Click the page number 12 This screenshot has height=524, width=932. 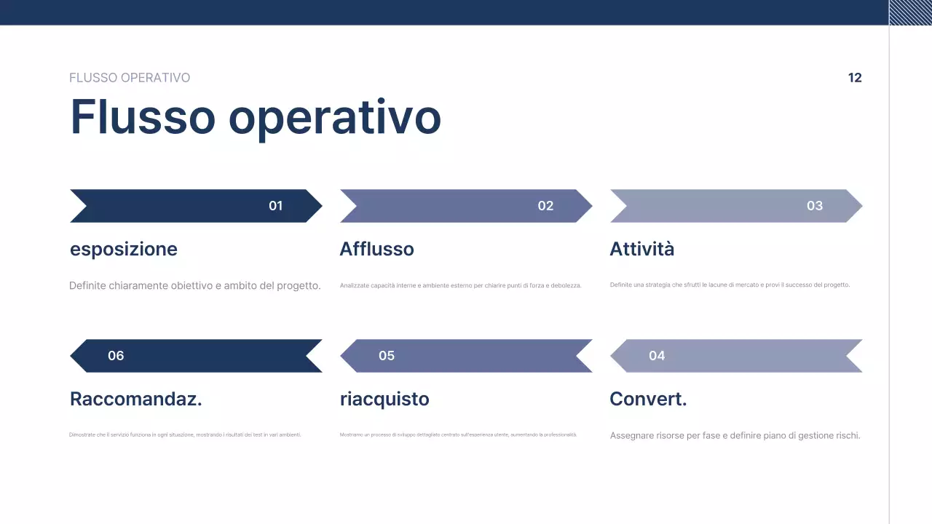[855, 78]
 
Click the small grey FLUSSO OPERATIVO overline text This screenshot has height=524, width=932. [130, 78]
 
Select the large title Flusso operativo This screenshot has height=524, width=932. [256, 116]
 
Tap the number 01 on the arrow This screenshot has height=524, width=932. [275, 206]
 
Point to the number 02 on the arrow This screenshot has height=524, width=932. [545, 206]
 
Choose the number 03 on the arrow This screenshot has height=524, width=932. [815, 206]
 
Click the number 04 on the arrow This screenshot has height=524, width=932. [657, 356]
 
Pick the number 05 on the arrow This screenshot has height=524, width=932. [387, 356]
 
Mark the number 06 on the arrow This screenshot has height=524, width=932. [116, 356]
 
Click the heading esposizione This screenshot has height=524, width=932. [124, 250]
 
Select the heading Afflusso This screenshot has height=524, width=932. [376, 250]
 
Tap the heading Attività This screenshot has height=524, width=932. [641, 250]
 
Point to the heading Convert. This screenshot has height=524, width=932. [648, 400]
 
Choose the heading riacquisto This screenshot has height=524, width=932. [384, 400]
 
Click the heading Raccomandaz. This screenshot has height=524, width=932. [136, 400]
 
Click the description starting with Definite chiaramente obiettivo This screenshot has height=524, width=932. [195, 286]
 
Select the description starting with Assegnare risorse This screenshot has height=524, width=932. [735, 436]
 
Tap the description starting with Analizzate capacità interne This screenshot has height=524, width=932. [461, 286]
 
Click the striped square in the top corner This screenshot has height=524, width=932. [910, 12]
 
